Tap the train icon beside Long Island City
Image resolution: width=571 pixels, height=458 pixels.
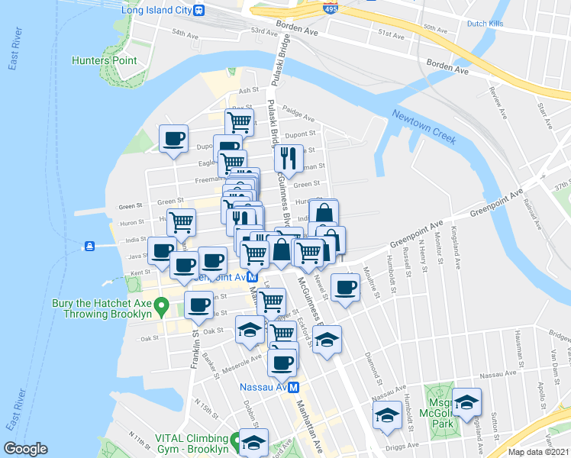pos(199,11)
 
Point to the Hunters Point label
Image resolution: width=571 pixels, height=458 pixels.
pos(105,60)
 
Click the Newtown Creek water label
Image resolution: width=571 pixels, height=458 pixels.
pos(424,127)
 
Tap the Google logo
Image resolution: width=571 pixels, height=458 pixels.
pos(25,449)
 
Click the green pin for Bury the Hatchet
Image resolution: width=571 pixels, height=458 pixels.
pos(161,308)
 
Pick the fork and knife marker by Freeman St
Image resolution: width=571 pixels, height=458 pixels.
pos(288,158)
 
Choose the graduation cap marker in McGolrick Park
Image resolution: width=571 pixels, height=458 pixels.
pos(466,402)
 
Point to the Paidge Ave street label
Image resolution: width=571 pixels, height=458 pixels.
pos(298,114)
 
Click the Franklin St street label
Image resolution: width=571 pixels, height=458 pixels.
pos(196,345)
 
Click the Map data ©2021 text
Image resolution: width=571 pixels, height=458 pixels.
pos(539,452)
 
